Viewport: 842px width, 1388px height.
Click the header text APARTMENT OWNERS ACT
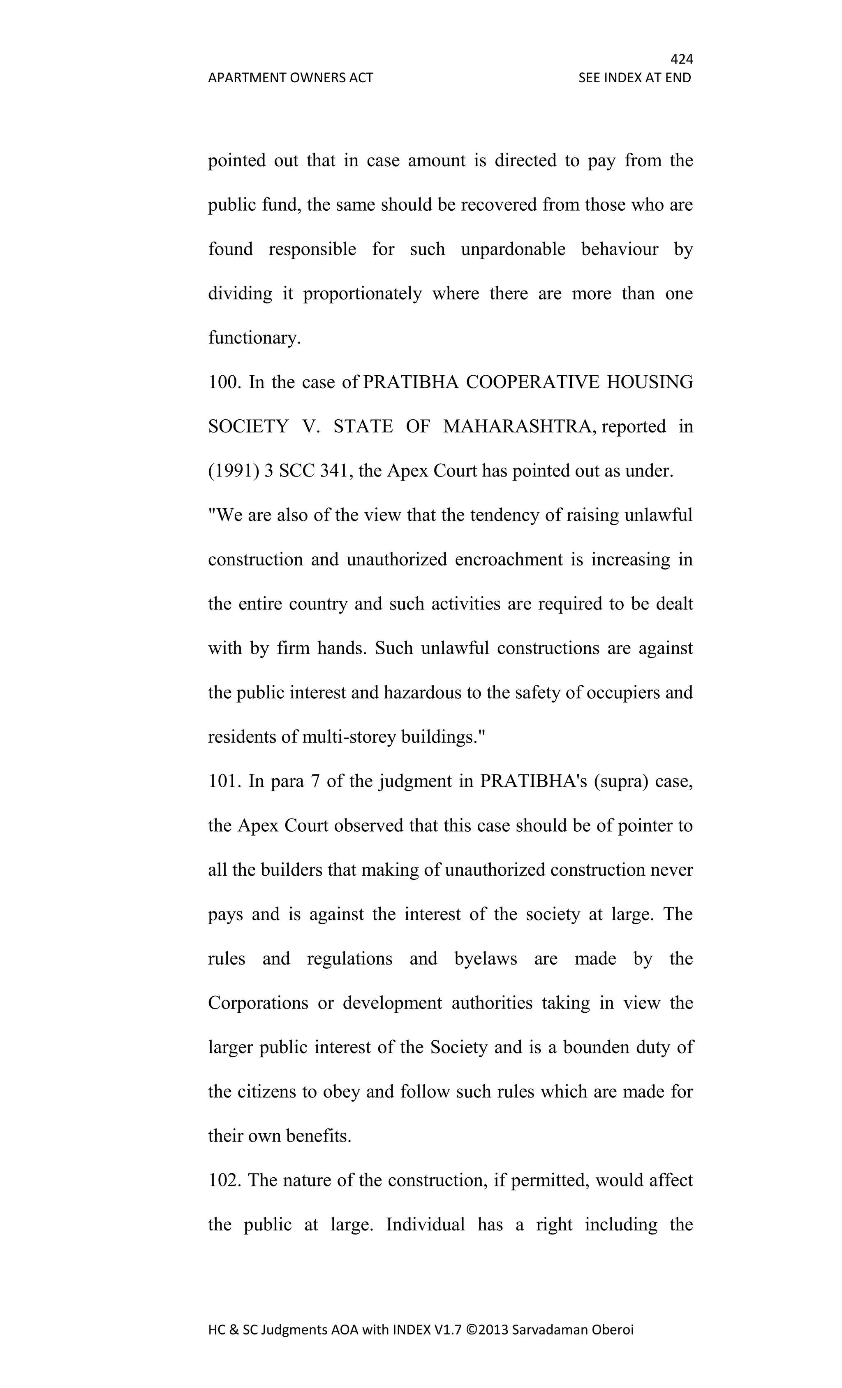(x=290, y=78)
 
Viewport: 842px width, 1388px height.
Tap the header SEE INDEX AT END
(x=634, y=78)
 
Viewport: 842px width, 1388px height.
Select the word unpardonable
(x=513, y=249)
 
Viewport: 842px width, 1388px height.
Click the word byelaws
(x=485, y=959)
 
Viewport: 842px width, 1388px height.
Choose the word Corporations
(x=258, y=1003)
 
